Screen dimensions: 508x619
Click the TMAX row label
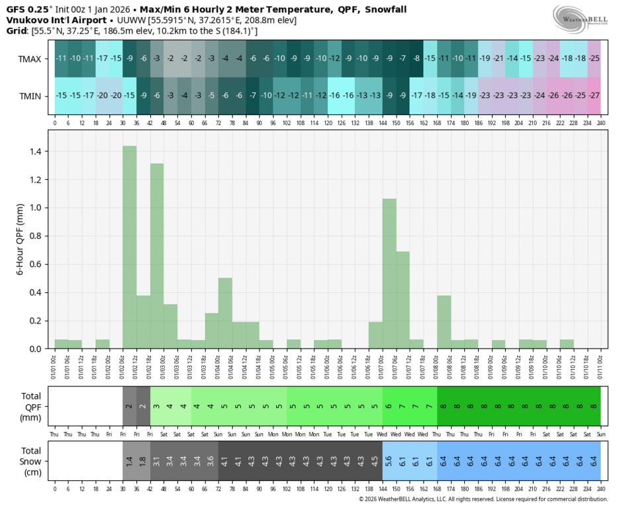[x=30, y=58]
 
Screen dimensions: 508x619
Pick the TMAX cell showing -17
[x=102, y=58]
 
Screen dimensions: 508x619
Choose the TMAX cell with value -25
[x=594, y=58]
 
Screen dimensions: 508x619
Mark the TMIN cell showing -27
[x=594, y=96]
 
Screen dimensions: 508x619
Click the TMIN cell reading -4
[x=184, y=96]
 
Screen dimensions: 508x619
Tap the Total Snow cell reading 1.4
[x=129, y=461]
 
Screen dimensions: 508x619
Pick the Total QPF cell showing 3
[x=156, y=406]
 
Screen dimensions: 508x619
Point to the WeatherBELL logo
[x=580, y=19]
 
